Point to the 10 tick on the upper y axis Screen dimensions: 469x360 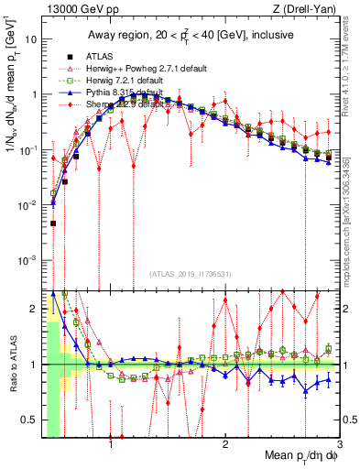pos(32,40)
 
